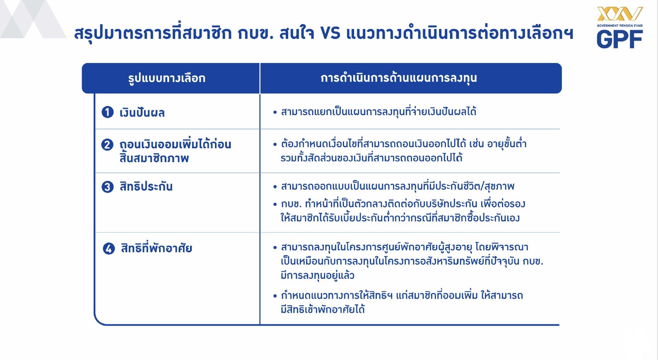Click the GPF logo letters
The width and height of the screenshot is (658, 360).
(619, 39)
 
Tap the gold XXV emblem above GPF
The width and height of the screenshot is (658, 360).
(620, 14)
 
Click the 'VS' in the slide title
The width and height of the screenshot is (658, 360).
(330, 33)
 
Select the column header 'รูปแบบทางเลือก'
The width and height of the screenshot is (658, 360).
(166, 78)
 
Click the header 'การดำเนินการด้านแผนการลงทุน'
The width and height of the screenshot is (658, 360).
(399, 78)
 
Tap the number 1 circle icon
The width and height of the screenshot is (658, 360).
(108, 112)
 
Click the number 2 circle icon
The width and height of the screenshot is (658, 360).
(107, 145)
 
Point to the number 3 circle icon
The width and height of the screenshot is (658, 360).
(108, 186)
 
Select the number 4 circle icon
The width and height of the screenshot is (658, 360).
(108, 249)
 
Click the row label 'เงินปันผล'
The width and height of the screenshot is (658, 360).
(142, 113)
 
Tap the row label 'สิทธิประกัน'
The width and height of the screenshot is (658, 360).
(146, 186)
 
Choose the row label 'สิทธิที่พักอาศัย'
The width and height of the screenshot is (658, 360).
(157, 248)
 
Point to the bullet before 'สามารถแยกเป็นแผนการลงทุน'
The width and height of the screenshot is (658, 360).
(275, 112)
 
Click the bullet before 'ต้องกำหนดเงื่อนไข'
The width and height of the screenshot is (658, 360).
(275, 144)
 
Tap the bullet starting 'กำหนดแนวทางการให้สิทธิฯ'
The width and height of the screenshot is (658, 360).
(275, 296)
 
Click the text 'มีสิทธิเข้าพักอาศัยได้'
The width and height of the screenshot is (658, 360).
(323, 309)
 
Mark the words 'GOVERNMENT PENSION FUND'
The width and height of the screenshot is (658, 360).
(620, 26)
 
